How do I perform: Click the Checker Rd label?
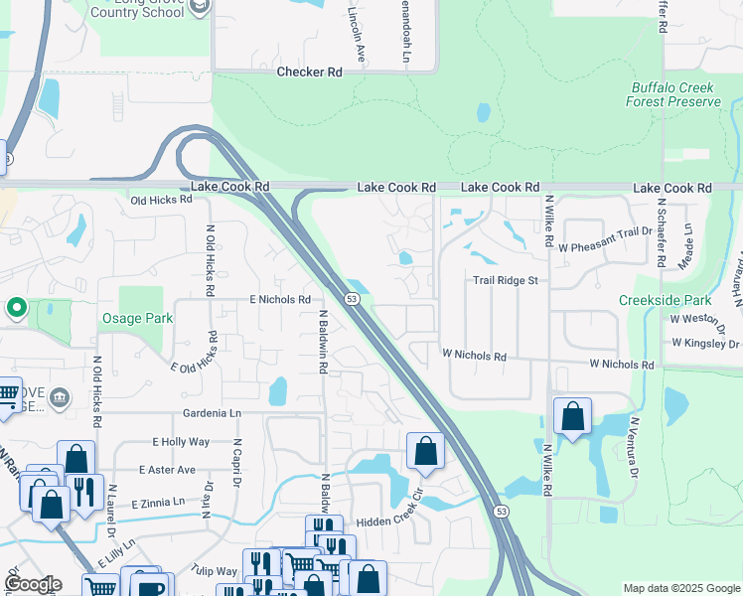pos(309,72)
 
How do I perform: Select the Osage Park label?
pos(137,318)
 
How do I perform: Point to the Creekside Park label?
pos(665,299)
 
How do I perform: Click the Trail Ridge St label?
pos(505,281)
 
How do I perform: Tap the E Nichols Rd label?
pos(281,299)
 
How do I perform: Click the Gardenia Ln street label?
pos(212,412)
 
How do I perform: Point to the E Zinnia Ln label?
pos(158,504)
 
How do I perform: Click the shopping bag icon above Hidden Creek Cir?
pos(425,451)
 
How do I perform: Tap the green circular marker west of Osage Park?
pos(16,308)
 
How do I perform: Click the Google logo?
pos(33,584)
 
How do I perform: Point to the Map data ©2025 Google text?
pos(681,588)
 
